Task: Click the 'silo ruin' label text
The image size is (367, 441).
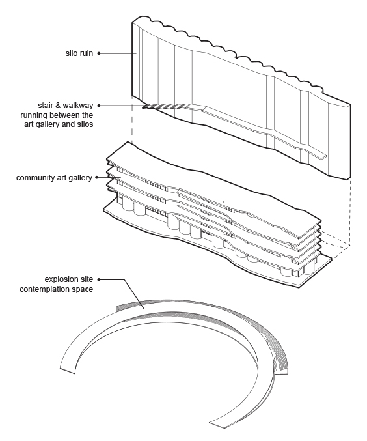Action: pos(79,53)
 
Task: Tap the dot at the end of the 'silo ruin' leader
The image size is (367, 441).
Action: pos(99,53)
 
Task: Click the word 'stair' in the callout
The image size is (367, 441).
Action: pos(46,106)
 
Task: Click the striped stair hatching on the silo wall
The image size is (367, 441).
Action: pos(165,106)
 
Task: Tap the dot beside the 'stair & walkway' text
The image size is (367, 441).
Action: pos(99,106)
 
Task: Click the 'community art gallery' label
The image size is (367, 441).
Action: pos(54,178)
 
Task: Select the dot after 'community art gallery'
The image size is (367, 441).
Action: pos(97,177)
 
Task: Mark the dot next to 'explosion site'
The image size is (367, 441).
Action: pos(99,279)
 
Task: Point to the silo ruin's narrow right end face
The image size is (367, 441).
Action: pos(349,141)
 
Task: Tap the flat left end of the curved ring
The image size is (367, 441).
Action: pos(68,370)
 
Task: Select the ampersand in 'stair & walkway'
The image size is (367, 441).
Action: pos(58,106)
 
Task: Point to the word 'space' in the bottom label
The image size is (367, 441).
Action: pos(83,290)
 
